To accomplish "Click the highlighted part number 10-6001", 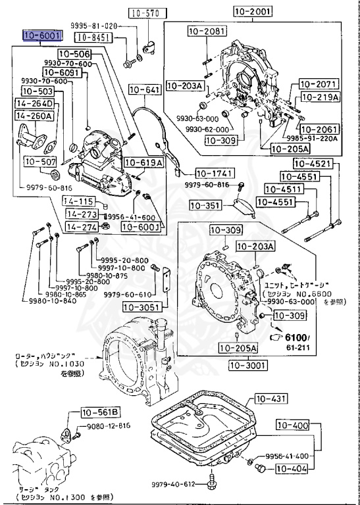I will (42, 36).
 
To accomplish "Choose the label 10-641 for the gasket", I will (144, 89).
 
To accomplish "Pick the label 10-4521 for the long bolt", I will (313, 164).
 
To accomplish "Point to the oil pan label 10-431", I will (272, 398).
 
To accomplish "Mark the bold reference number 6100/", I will (305, 337).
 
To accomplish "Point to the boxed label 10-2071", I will (319, 84).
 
